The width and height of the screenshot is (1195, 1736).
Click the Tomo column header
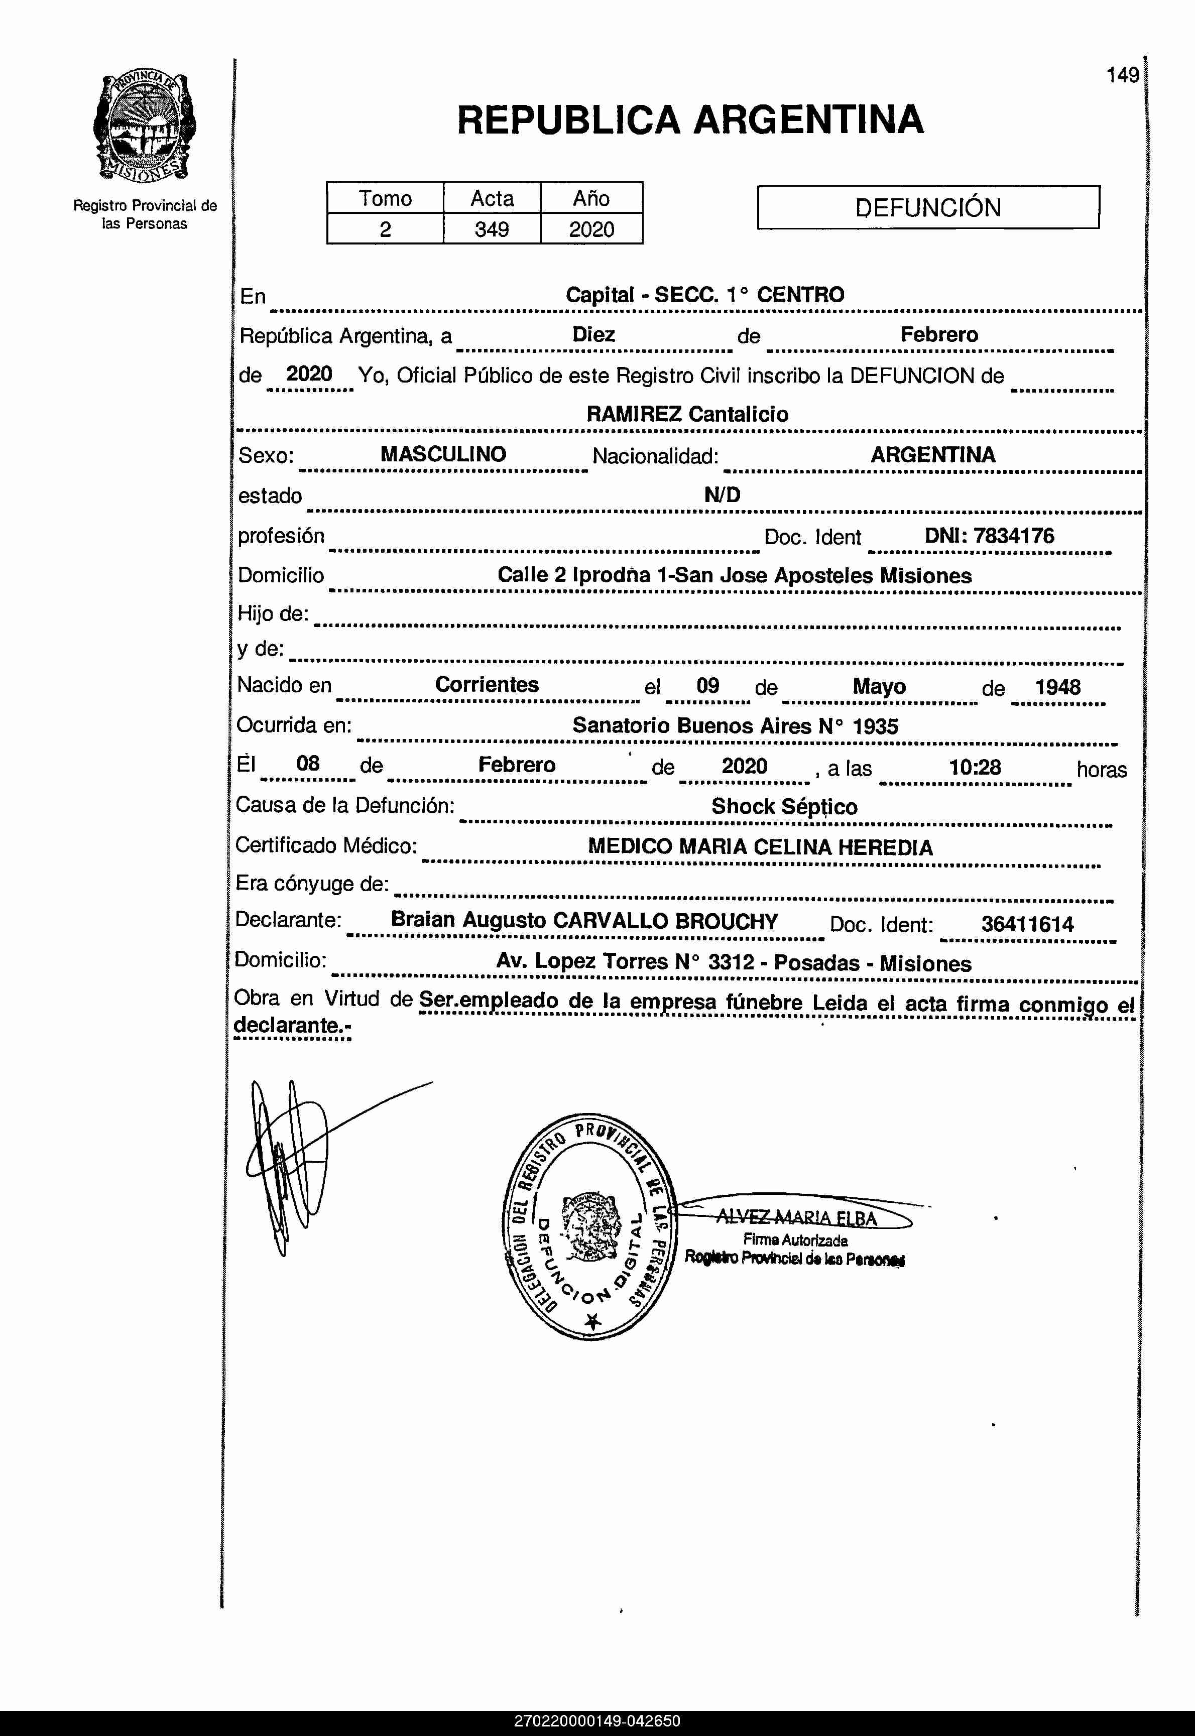click(385, 198)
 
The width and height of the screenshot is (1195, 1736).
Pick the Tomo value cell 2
click(385, 229)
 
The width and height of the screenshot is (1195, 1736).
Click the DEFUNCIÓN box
click(928, 207)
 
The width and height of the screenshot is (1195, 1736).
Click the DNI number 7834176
click(1013, 536)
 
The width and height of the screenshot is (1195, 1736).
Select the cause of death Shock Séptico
click(784, 806)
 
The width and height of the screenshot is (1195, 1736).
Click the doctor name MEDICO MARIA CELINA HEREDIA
click(760, 847)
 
